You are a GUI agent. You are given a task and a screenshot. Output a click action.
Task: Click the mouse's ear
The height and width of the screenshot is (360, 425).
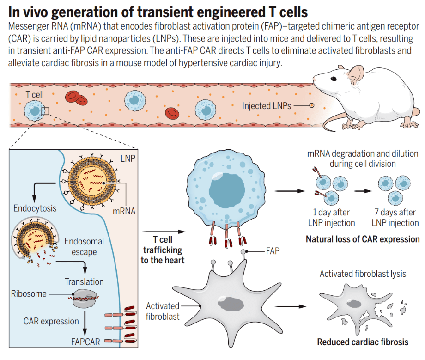click(x=356, y=74)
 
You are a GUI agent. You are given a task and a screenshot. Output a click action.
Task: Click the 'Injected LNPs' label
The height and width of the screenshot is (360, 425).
click(x=267, y=106)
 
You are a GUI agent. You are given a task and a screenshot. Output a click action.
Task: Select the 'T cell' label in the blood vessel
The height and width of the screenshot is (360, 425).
click(x=35, y=94)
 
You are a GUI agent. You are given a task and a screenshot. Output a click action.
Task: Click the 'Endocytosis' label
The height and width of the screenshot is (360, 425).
click(x=35, y=208)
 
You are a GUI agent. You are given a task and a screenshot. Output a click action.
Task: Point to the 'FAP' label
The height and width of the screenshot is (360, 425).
click(x=273, y=252)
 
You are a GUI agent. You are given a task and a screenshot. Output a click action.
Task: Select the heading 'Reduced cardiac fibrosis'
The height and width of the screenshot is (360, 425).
click(x=363, y=342)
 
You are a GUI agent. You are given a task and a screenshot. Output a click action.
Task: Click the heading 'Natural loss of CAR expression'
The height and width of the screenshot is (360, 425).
click(x=363, y=239)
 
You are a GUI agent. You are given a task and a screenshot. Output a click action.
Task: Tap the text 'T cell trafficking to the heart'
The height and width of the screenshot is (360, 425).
click(x=162, y=250)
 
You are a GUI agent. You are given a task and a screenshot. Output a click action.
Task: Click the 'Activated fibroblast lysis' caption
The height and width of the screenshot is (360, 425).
click(x=363, y=274)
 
